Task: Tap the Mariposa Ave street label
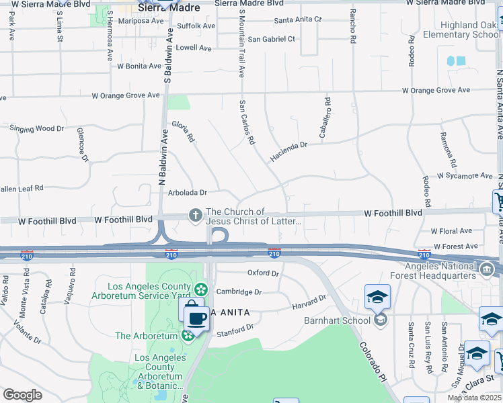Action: (x=141, y=21)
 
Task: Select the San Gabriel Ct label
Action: (x=271, y=39)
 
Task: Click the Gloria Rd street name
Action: (x=183, y=131)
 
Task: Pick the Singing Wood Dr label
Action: (x=36, y=128)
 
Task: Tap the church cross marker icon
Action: (x=196, y=215)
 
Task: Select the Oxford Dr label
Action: (x=263, y=273)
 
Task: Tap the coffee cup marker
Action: (x=196, y=317)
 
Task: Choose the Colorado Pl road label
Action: (x=373, y=362)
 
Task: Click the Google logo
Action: (x=23, y=395)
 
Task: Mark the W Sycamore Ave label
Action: (x=465, y=176)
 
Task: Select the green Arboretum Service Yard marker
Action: (x=200, y=289)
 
